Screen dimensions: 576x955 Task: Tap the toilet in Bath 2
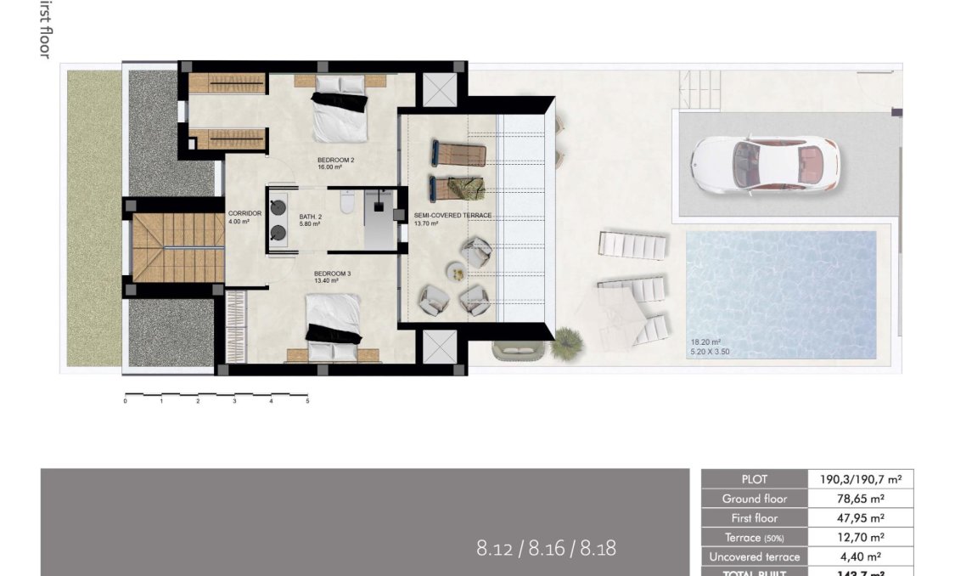pyautogui.click(x=346, y=203)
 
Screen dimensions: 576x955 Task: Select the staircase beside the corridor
pyautogui.click(x=166, y=247)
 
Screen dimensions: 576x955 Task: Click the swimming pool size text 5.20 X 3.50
pyautogui.click(x=710, y=351)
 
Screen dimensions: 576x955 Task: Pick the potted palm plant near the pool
pyautogui.click(x=565, y=345)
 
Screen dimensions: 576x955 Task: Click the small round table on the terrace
pyautogui.click(x=457, y=273)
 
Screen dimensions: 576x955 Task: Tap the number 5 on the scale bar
pyautogui.click(x=307, y=401)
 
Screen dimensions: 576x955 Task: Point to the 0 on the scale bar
pyautogui.click(x=125, y=401)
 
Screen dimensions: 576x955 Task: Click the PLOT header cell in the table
pyautogui.click(x=753, y=479)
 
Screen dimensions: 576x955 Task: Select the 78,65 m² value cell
pyautogui.click(x=860, y=499)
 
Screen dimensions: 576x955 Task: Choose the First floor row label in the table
pyautogui.click(x=753, y=518)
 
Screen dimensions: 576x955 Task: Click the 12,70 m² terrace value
pyautogui.click(x=860, y=538)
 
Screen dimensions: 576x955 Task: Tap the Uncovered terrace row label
pyautogui.click(x=753, y=557)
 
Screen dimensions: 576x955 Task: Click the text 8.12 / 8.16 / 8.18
pyautogui.click(x=546, y=548)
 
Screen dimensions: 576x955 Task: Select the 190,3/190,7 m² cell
pyautogui.click(x=860, y=479)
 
